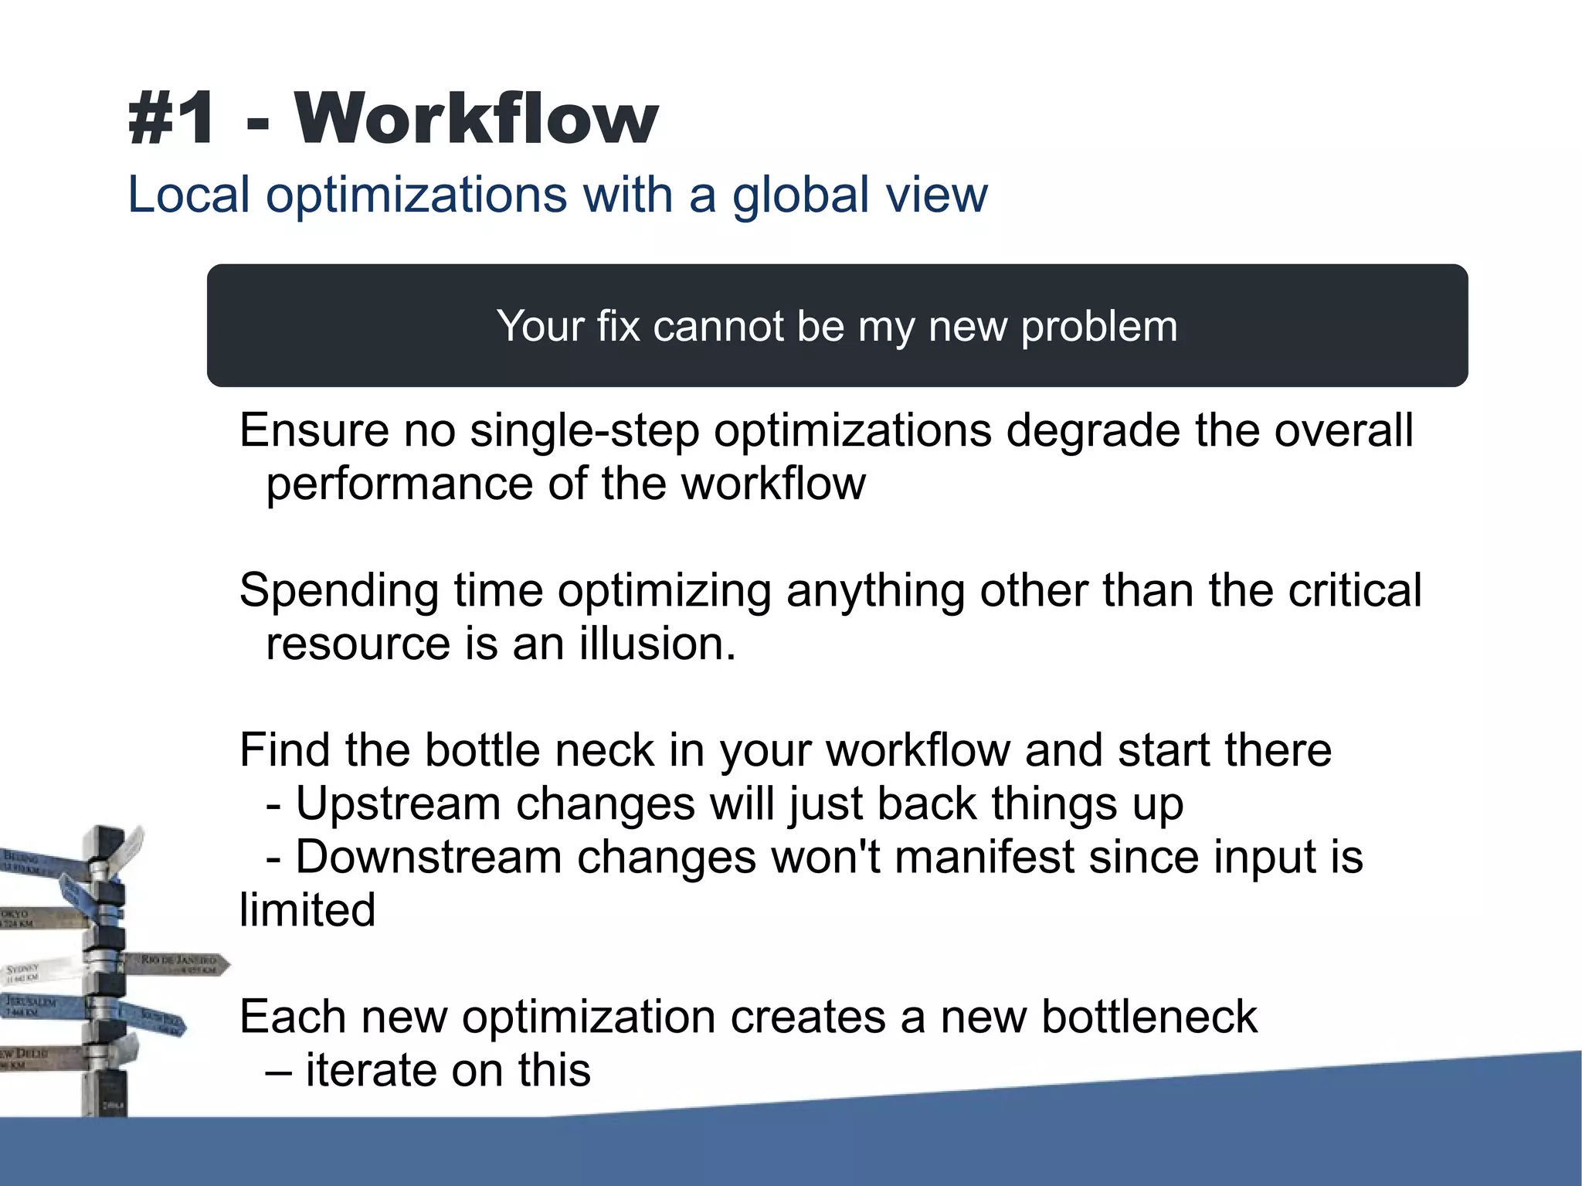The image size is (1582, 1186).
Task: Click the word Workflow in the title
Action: (x=475, y=118)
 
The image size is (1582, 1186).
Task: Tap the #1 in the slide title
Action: (x=172, y=118)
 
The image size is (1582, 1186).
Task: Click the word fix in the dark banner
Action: (x=618, y=326)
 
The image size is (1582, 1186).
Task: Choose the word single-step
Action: (x=584, y=430)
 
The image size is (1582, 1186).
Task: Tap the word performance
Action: (x=399, y=485)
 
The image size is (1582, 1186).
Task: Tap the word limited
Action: (x=307, y=910)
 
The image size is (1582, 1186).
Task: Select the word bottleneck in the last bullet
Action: (x=1149, y=1017)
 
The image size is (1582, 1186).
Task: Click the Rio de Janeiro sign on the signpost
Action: (x=178, y=963)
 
